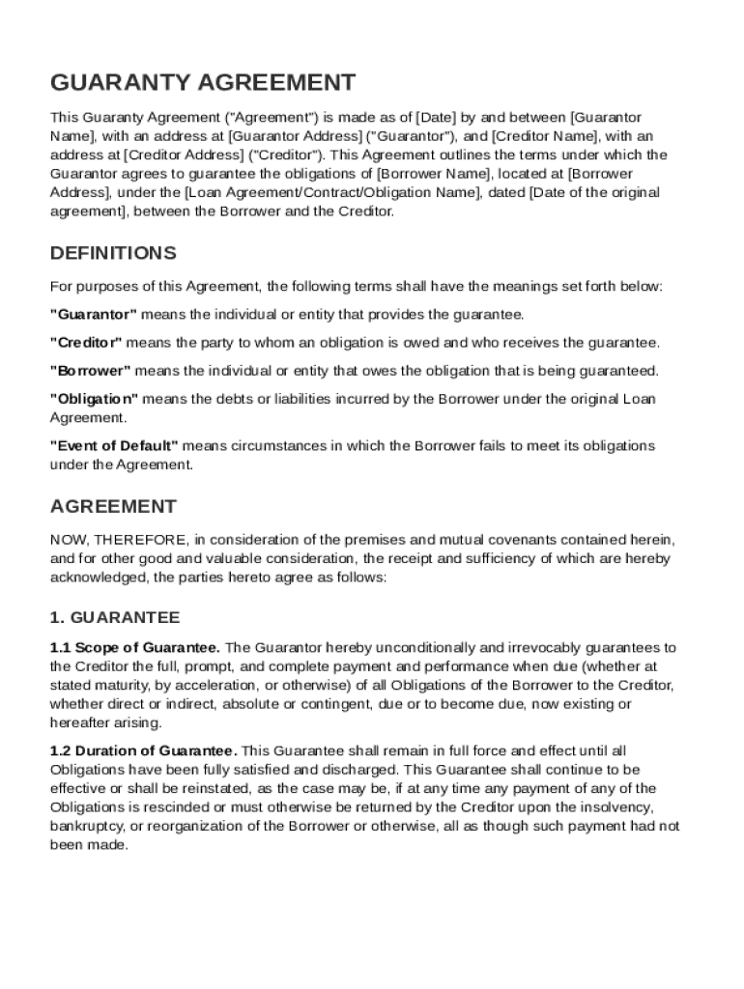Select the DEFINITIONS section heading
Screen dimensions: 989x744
pyautogui.click(x=113, y=253)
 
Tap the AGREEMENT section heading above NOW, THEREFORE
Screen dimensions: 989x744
pyautogui.click(x=113, y=507)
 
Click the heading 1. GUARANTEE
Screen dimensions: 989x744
pyautogui.click(x=114, y=617)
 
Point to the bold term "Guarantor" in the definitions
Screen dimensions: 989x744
pyautogui.click(x=94, y=315)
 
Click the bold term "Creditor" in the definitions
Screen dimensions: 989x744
pyautogui.click(x=86, y=343)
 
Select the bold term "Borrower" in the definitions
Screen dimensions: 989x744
pyautogui.click(x=91, y=371)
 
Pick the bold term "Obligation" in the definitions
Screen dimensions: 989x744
pyautogui.click(x=95, y=399)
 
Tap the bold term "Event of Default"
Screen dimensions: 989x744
pyautogui.click(x=114, y=446)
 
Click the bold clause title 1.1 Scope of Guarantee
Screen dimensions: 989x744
pyautogui.click(x=135, y=647)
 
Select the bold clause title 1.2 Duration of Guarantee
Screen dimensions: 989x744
pyautogui.click(x=143, y=750)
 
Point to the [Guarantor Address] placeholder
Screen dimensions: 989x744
pyautogui.click(x=295, y=136)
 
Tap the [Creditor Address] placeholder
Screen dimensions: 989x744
pyautogui.click(x=183, y=155)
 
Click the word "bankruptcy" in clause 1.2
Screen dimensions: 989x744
pyautogui.click(x=84, y=826)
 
